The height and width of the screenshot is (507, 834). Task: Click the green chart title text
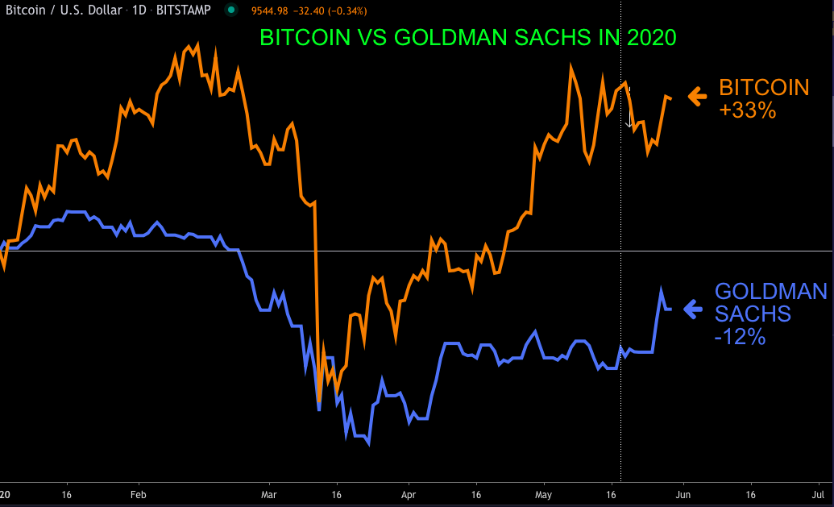tap(467, 38)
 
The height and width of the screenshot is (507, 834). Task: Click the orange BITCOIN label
tap(763, 87)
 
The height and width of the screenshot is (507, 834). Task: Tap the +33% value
tap(747, 110)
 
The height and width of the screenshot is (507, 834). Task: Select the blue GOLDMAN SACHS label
tap(770, 301)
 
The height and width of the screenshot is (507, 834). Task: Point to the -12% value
tap(739, 337)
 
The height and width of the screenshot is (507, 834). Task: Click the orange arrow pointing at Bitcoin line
tap(697, 97)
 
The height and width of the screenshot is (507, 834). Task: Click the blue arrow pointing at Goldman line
tap(693, 308)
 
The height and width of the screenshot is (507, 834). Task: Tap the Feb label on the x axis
tap(138, 494)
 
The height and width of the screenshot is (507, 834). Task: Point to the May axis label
tap(544, 494)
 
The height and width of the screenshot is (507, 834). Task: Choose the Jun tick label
tap(683, 494)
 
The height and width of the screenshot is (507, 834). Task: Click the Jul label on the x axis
tap(817, 494)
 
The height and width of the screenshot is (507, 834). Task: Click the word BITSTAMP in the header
tap(185, 10)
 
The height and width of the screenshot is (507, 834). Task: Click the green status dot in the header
tap(231, 10)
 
